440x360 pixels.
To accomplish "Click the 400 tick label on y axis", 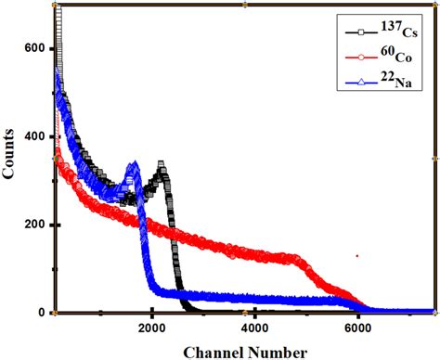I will (x=34, y=136).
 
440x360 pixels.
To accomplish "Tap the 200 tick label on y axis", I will (x=34, y=225).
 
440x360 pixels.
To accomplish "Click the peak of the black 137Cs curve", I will (x=162, y=166).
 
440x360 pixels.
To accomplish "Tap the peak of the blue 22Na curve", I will (x=132, y=166).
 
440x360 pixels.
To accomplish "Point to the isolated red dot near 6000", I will (x=356, y=255).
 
